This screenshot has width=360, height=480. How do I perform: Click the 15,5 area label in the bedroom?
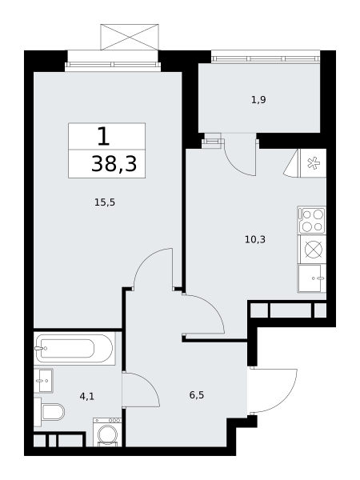(x=105, y=202)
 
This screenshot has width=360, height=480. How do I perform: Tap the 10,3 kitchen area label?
(x=255, y=239)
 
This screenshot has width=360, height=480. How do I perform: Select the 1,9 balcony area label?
(x=258, y=100)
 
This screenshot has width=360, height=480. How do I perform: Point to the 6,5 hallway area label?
(x=197, y=395)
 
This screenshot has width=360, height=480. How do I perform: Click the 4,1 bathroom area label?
(x=87, y=397)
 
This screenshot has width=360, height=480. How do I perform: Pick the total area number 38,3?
(x=114, y=164)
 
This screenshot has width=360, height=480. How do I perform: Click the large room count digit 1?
(x=103, y=136)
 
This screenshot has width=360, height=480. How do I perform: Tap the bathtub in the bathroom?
(x=74, y=348)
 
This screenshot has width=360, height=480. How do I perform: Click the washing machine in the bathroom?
(x=107, y=432)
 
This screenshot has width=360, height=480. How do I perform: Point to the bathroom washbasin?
(x=43, y=381)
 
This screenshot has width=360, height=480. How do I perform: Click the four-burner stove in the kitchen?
(x=312, y=220)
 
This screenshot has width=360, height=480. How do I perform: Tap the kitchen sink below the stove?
(x=312, y=278)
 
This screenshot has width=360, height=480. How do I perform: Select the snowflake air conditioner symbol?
(x=313, y=163)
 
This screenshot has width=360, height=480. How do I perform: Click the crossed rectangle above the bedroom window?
(x=130, y=37)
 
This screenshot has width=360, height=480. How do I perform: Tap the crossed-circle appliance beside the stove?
(x=314, y=249)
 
